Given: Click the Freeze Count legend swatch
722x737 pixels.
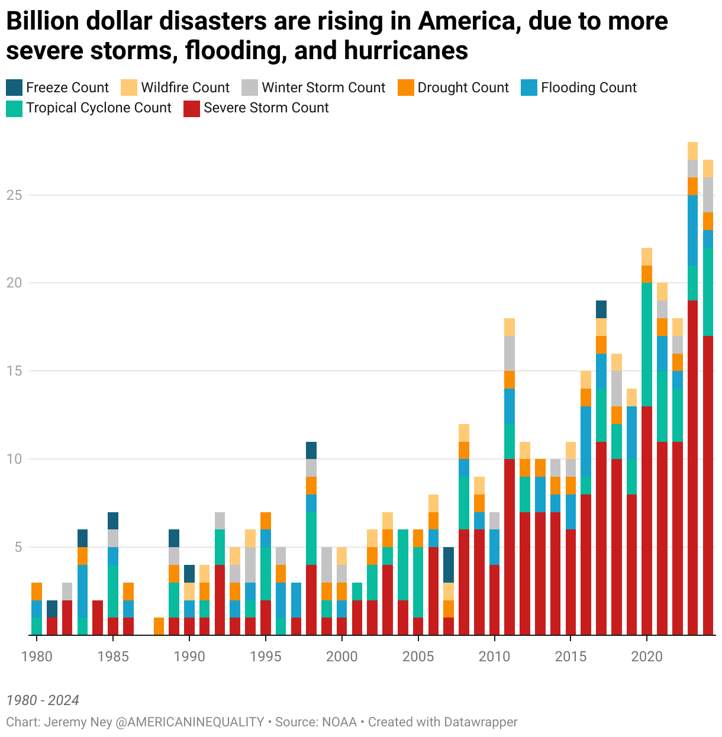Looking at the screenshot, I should pyautogui.click(x=14, y=88).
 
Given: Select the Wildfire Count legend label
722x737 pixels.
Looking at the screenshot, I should pyautogui.click(x=185, y=88).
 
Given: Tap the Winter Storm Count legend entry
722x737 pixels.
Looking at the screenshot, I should pyautogui.click(x=323, y=88).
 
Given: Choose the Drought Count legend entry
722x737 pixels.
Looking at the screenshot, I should pyautogui.click(x=463, y=88).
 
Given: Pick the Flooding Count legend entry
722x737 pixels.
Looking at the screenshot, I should pyautogui.click(x=588, y=88).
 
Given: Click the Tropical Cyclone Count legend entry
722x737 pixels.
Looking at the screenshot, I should pyautogui.click(x=98, y=108).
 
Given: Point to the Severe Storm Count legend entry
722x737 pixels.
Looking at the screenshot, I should pyautogui.click(x=266, y=108).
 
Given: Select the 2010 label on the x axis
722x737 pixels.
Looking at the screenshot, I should pyautogui.click(x=494, y=657).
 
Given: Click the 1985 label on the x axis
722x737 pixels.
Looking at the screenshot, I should pyautogui.click(x=112, y=657).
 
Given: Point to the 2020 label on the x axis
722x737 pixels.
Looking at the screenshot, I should pyautogui.click(x=646, y=657).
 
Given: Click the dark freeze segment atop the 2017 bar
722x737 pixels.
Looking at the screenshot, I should pyautogui.click(x=601, y=309).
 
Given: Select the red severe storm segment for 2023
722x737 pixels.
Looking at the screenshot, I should pyautogui.click(x=692, y=467).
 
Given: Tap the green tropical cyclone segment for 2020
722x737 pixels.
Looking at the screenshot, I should pyautogui.click(x=647, y=344).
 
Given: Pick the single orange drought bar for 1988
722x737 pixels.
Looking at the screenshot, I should pyautogui.click(x=159, y=626).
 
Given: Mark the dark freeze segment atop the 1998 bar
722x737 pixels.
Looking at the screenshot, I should pyautogui.click(x=311, y=450).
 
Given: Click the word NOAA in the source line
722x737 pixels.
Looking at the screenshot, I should pyautogui.click(x=340, y=722).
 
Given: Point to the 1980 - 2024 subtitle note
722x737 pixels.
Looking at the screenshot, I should pyautogui.click(x=43, y=700).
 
